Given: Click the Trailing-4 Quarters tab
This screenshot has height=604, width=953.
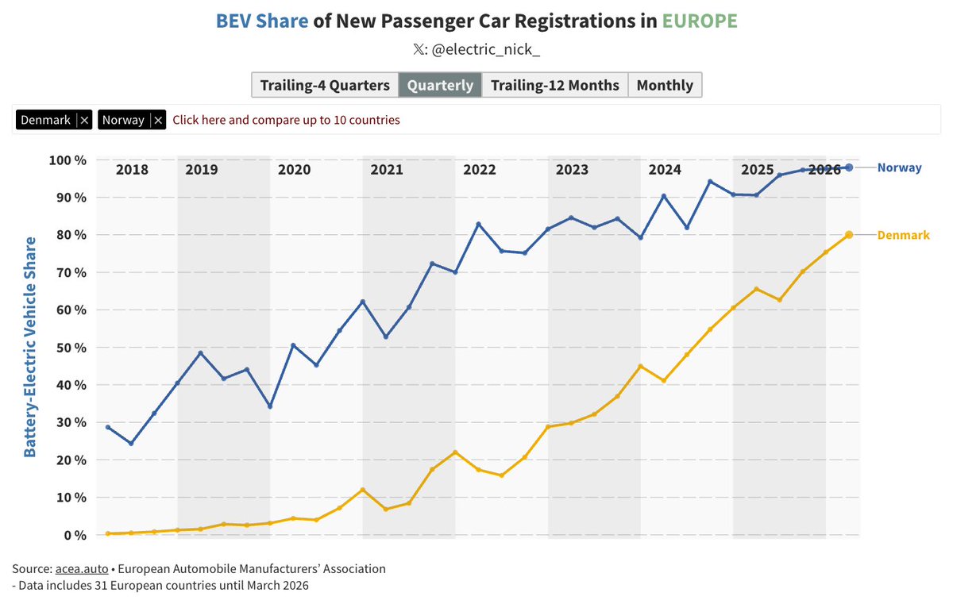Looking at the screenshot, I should (x=324, y=85).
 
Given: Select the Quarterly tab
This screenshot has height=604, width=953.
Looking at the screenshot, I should (x=440, y=85).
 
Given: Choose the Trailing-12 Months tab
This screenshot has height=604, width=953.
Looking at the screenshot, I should (x=554, y=85).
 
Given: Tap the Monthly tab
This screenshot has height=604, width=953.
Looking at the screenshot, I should (x=665, y=85).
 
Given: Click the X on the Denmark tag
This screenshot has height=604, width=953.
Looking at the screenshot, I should (x=85, y=120).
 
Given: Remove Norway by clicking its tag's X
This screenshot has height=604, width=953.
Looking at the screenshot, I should (x=158, y=120).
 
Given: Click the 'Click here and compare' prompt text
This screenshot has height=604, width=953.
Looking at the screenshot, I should (x=286, y=120).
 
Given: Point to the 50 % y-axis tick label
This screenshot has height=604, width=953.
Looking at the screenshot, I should (x=69, y=348).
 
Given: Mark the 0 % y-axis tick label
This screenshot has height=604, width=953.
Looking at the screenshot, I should (x=72, y=535).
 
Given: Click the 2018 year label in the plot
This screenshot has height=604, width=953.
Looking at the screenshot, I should (x=132, y=170).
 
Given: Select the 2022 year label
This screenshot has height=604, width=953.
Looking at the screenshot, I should (x=480, y=170).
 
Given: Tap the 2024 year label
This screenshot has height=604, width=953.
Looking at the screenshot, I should (x=665, y=170).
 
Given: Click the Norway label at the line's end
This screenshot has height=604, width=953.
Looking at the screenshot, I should (x=899, y=167).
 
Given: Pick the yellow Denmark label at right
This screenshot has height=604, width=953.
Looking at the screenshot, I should (x=903, y=235).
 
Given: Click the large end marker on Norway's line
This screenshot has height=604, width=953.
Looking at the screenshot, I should (x=849, y=167).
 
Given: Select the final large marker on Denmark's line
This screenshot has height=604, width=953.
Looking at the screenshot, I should (x=849, y=235).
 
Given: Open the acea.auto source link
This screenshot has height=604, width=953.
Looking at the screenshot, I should (x=82, y=569).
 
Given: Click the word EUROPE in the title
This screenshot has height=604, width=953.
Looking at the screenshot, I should (x=700, y=21).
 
